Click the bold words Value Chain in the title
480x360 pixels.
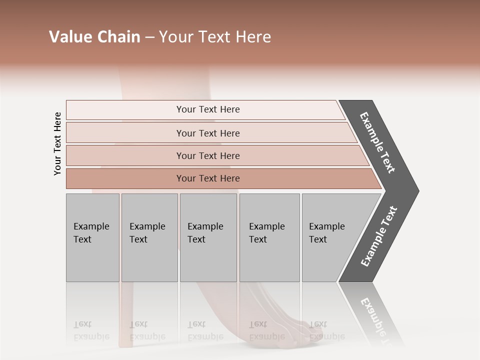pyautogui.click(x=94, y=37)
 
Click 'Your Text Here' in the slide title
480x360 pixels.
pyautogui.click(x=215, y=37)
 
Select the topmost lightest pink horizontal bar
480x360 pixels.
pyautogui.click(x=207, y=109)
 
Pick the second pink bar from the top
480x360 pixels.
pyautogui.click(x=207, y=133)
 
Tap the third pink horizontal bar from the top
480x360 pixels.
pyautogui.click(x=207, y=155)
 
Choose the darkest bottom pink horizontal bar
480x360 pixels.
pyautogui.click(x=207, y=178)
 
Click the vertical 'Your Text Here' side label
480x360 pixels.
pyautogui.click(x=57, y=143)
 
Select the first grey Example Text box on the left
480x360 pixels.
pyautogui.click(x=92, y=237)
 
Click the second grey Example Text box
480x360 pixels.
pyautogui.click(x=149, y=237)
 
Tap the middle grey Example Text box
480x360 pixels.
pyautogui.click(x=208, y=237)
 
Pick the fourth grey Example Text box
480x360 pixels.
pyautogui.click(x=269, y=237)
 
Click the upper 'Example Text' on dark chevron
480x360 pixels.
pyautogui.click(x=377, y=142)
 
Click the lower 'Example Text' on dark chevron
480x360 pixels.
pyautogui.click(x=379, y=236)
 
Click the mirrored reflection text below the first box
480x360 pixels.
pyautogui.click(x=91, y=330)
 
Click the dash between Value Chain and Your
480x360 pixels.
pyautogui.click(x=149, y=37)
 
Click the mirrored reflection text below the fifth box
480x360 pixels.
pyautogui.click(x=326, y=330)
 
